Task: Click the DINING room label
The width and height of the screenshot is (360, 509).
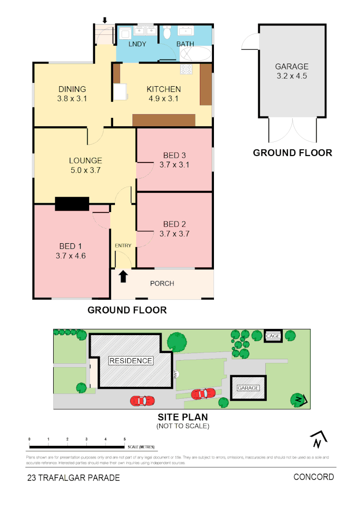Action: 72,89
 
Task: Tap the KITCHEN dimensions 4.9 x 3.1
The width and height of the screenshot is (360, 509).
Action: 164,99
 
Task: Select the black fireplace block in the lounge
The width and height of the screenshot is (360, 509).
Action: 72,204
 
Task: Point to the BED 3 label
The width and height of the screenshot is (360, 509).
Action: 174,155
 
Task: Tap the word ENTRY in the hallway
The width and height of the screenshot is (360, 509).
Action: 123,246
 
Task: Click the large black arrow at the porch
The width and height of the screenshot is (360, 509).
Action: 123,276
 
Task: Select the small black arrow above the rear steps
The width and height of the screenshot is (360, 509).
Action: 105,20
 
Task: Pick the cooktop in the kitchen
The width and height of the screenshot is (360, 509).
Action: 186,69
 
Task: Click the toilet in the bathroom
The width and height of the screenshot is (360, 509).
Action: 166,33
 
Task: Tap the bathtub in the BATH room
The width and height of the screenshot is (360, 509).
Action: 195,54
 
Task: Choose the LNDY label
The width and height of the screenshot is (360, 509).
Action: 137,44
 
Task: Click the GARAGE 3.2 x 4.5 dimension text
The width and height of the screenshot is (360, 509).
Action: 292,75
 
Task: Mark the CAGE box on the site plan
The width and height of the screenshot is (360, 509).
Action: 273,336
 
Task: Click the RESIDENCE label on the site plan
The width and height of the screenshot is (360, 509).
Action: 131,361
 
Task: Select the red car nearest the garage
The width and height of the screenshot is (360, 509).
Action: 204,393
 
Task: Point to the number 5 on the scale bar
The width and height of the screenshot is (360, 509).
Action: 124,439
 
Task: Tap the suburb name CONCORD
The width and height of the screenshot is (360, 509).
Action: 313,476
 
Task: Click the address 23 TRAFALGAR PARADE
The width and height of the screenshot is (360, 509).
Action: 74,477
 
